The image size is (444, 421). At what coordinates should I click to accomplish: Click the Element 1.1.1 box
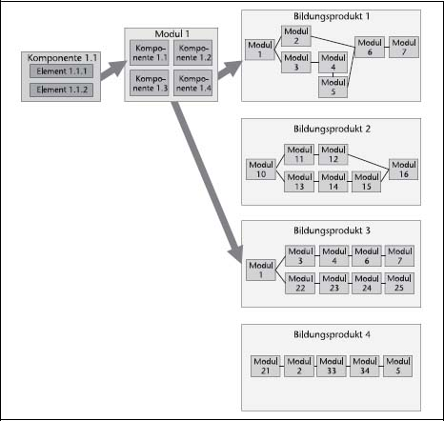[61, 71]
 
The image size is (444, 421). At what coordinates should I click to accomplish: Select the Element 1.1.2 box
[61, 90]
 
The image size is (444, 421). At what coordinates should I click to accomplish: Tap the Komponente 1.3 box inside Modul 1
[150, 83]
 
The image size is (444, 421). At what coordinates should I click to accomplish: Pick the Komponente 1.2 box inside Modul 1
[192, 52]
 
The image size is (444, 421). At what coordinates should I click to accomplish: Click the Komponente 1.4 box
[192, 83]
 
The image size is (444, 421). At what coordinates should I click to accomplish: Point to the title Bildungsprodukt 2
[332, 129]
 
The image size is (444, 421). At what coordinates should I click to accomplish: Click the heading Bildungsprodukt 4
[332, 334]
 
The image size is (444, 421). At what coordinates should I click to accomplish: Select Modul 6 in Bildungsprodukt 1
[370, 48]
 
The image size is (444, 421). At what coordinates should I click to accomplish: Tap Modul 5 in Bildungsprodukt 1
[333, 87]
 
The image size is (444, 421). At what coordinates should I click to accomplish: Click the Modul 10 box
[261, 170]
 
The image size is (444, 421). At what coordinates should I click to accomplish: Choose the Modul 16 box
[403, 170]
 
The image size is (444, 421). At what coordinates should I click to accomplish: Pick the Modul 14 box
[333, 182]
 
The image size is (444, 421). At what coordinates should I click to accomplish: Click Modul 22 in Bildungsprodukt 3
[300, 283]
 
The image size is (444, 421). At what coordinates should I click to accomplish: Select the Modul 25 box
[399, 283]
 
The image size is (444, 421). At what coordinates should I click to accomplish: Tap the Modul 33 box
[332, 366]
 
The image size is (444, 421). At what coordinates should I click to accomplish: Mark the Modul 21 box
[266, 366]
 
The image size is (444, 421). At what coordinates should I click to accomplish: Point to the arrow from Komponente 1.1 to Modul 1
[112, 70]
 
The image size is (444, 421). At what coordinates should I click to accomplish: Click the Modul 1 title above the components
[172, 33]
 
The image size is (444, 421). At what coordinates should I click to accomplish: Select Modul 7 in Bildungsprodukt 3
[399, 256]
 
